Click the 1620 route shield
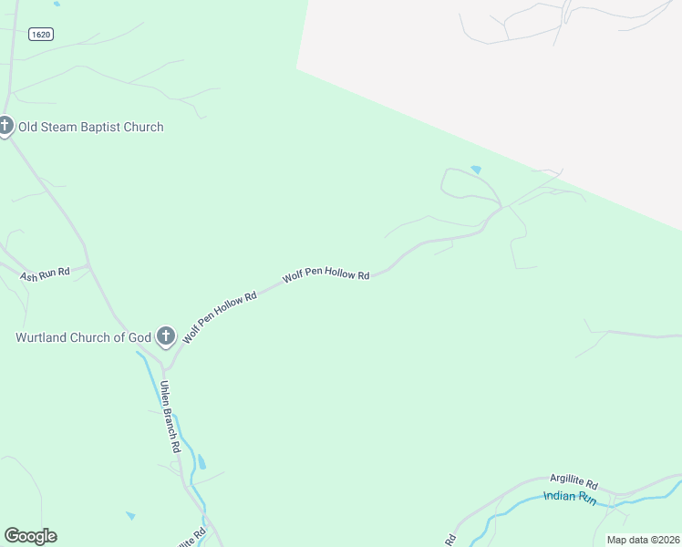[x=39, y=34]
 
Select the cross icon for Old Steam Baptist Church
[x=5, y=125]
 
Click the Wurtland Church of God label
[x=83, y=337]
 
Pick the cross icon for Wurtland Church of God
[x=166, y=336]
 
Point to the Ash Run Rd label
[x=45, y=274]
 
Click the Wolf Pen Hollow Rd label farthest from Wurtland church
[x=325, y=274]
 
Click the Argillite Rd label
[x=573, y=480]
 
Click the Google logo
[x=30, y=536]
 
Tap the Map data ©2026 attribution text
[x=643, y=540]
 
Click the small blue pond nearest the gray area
[x=475, y=170]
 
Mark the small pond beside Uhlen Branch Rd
[x=201, y=462]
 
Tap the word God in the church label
[x=139, y=337]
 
